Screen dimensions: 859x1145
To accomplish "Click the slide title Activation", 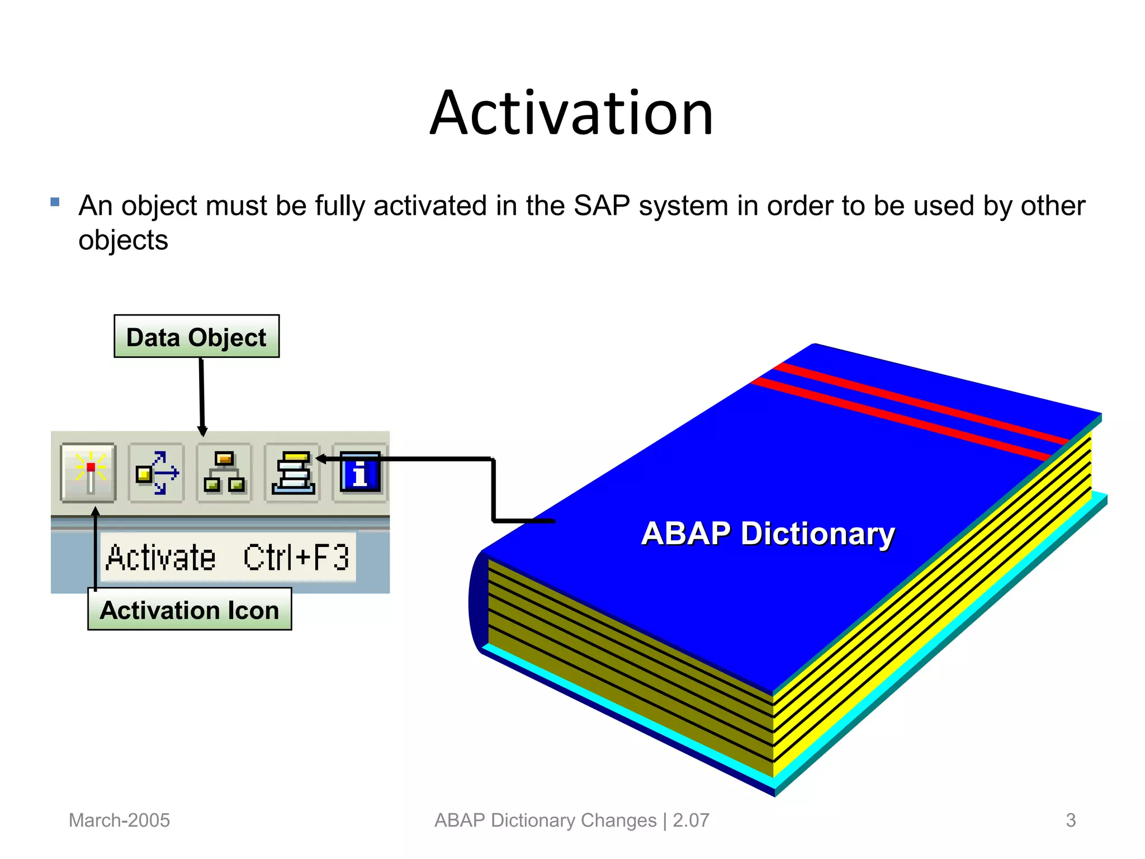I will click(571, 114).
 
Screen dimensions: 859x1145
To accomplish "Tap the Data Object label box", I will click(196, 337).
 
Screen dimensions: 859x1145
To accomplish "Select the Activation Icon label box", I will click(190, 610).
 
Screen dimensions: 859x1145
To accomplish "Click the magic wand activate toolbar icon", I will click(89, 473).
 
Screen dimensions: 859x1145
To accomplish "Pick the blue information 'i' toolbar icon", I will click(359, 473).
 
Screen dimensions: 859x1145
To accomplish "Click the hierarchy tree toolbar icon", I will click(224, 473).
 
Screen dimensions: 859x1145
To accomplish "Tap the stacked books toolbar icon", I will click(293, 473).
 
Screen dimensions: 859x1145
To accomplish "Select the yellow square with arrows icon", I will click(157, 473).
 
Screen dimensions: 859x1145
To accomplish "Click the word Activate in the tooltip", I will click(160, 558).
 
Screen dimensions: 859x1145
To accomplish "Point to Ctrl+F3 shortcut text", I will click(296, 558).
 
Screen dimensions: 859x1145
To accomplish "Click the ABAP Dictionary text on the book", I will click(768, 534).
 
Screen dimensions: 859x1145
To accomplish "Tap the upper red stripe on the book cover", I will click(917, 403).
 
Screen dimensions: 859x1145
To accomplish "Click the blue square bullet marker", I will click(55, 202).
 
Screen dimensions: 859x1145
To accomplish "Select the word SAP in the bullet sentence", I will click(602, 206).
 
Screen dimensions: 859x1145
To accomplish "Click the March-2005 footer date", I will click(119, 820).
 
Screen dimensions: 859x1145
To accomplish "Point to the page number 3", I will click(1071, 820).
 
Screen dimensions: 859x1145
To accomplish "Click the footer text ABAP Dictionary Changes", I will click(545, 820).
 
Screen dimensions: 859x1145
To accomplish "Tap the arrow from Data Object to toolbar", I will click(202, 397).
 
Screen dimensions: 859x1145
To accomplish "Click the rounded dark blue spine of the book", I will click(477, 603).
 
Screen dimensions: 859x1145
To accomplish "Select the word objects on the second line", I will click(123, 241).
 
